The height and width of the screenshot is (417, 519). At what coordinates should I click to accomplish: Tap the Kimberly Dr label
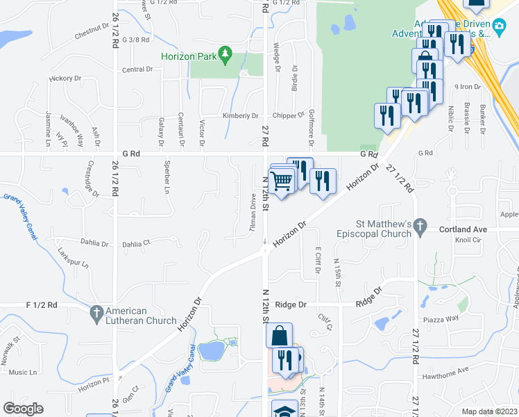tap(240, 116)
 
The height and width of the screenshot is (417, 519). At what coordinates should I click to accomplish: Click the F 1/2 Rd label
tap(42, 304)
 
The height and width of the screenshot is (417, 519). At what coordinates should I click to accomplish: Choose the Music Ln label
tap(23, 373)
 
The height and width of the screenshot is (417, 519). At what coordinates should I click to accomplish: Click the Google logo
tap(24, 408)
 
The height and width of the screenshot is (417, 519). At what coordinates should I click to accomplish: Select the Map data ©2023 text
tap(489, 411)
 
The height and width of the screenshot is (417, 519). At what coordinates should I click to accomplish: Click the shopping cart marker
tap(281, 181)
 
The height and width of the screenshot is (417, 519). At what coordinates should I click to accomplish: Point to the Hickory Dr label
tap(66, 79)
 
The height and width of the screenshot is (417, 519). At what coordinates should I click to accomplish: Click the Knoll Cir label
tap(467, 240)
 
